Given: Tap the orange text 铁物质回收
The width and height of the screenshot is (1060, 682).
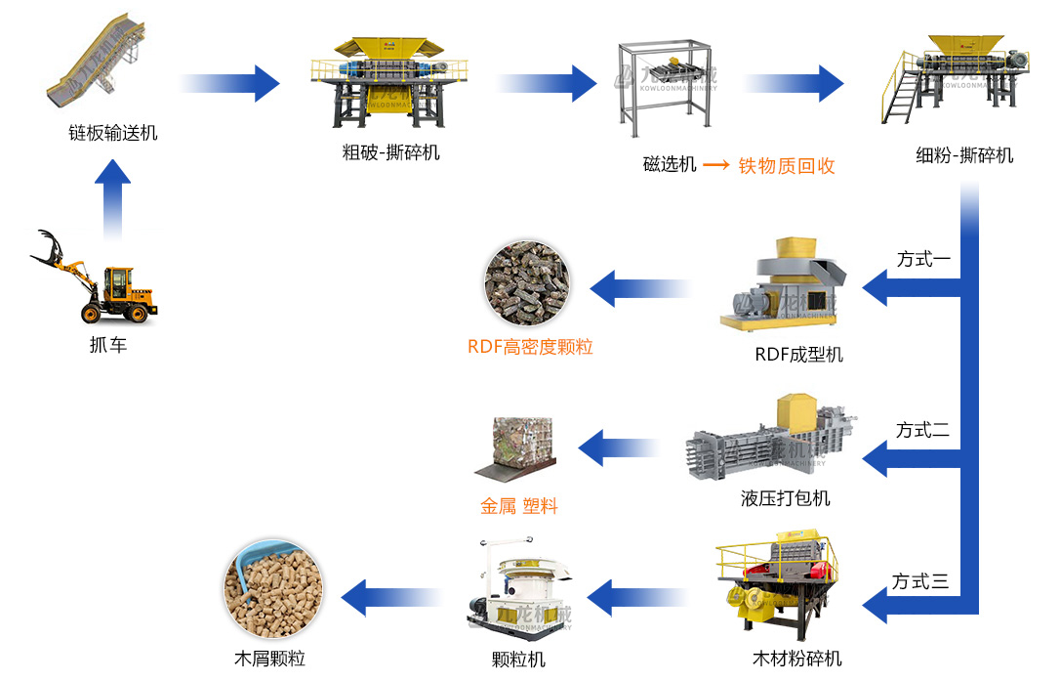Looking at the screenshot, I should [787, 165].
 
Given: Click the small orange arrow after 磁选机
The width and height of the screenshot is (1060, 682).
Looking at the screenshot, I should [717, 165].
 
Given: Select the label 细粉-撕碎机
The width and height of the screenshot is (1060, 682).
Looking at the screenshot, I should [964, 155].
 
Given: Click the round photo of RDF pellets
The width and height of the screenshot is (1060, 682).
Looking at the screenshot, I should [526, 284].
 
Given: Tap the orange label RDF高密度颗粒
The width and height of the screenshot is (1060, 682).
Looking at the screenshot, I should [530, 347].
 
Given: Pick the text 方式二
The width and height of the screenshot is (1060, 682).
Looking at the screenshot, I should [923, 430].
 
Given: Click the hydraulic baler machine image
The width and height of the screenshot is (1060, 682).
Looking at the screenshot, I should [771, 440].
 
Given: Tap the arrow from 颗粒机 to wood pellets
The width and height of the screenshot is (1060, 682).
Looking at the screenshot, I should [390, 596].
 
